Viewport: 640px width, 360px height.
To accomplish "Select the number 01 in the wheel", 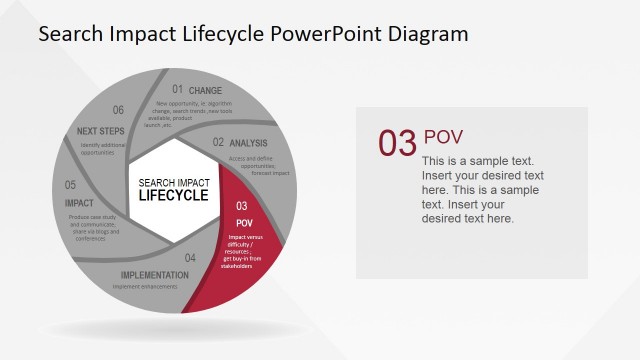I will (177, 89).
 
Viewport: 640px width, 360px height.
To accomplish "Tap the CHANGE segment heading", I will (205, 90).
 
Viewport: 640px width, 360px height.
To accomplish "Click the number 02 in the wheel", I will (218, 142).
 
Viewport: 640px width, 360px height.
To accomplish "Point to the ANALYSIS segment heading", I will (248, 143).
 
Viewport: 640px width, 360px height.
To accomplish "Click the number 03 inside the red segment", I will (242, 206).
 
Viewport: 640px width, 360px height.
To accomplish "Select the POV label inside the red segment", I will (243, 222).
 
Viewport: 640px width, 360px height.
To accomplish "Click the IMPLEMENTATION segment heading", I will (155, 275).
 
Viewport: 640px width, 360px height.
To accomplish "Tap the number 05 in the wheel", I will (71, 185).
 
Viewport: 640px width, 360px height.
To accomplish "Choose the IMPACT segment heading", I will (79, 203).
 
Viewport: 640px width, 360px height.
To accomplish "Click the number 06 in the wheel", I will (118, 110).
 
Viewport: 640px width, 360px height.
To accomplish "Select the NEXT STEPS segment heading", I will (100, 130).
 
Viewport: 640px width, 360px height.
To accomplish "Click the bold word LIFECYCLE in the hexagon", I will (173, 196).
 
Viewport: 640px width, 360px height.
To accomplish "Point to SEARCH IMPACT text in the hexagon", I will (173, 182).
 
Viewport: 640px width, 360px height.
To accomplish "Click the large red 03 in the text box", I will (397, 144).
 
